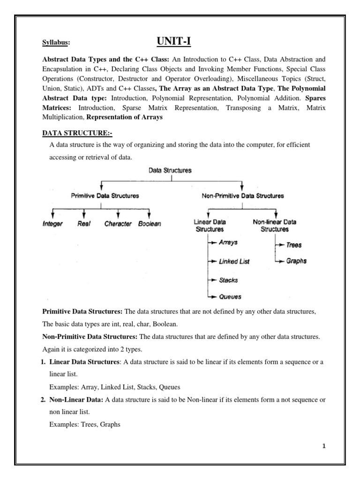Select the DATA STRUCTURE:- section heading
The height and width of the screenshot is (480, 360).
[x=77, y=133]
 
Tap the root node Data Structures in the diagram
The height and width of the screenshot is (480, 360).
[x=170, y=171]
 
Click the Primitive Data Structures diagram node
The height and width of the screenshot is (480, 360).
[x=105, y=195]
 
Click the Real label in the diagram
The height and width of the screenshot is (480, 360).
[x=84, y=224]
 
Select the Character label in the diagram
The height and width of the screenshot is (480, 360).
[x=118, y=224]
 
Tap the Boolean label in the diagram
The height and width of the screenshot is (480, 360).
[x=150, y=224]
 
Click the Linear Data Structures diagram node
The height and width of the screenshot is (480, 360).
[x=209, y=225]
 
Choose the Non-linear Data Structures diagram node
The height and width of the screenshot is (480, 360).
[x=274, y=225]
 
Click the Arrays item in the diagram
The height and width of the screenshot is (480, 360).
[x=228, y=242]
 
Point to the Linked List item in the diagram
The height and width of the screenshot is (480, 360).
[x=234, y=261]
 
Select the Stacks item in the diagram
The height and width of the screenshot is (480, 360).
[x=228, y=280]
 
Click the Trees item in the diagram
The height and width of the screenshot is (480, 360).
[x=294, y=245]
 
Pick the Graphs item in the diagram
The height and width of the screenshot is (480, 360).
[x=296, y=261]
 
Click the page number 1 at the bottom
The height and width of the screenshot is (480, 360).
[x=323, y=446]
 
